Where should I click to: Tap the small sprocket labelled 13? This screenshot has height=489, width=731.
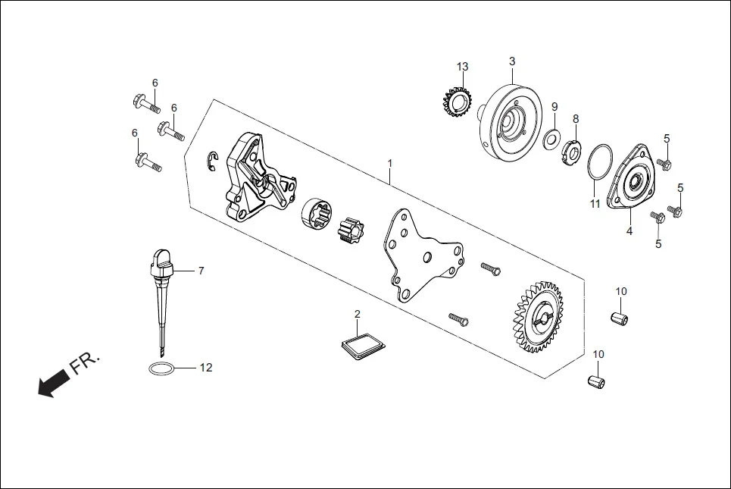point(457,101)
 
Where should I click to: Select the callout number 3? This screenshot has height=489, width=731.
point(512,61)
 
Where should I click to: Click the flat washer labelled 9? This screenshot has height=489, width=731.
point(552,136)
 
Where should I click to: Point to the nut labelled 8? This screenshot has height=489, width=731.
point(572,151)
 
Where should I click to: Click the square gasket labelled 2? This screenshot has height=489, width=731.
point(362,342)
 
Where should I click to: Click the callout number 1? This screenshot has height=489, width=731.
point(390,163)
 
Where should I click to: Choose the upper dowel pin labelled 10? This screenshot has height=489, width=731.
point(621,315)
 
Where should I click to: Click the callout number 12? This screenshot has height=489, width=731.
point(205,368)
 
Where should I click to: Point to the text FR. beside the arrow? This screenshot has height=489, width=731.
point(85,364)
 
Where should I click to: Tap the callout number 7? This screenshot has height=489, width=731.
point(201,270)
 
